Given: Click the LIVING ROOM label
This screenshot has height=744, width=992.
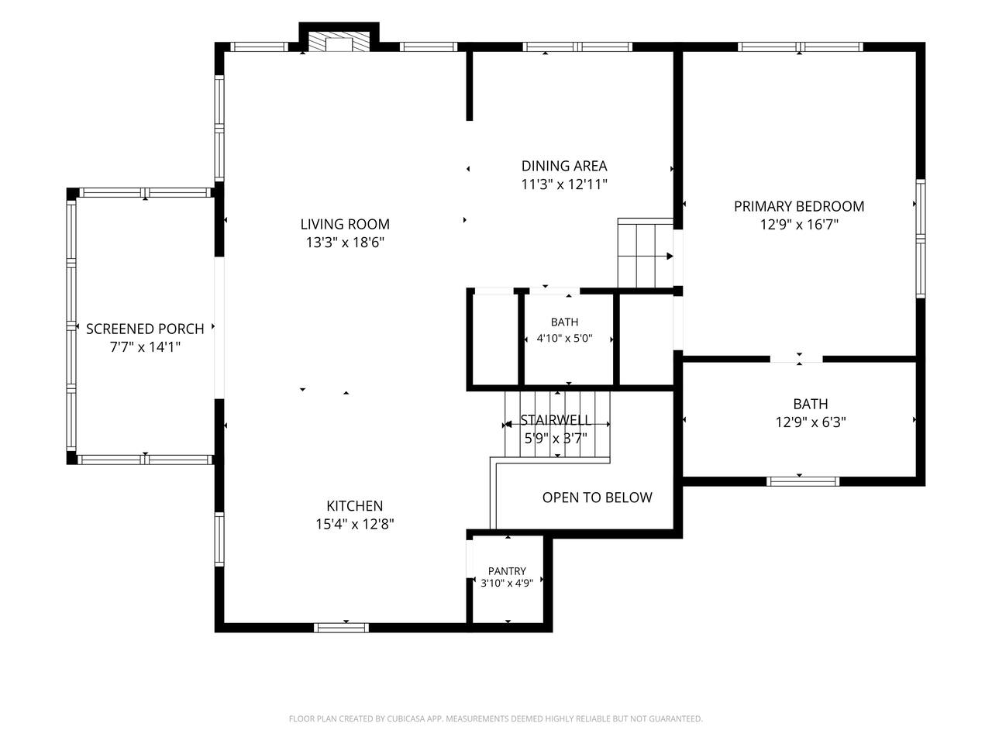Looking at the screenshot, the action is pyautogui.click(x=345, y=224).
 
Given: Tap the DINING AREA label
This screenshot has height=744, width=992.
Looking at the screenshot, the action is pyautogui.click(x=564, y=166).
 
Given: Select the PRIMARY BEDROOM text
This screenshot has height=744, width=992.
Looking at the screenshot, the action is pyautogui.click(x=798, y=206).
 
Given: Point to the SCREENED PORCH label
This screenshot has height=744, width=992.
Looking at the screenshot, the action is pyautogui.click(x=145, y=329).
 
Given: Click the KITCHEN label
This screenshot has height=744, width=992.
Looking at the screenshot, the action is pyautogui.click(x=354, y=505).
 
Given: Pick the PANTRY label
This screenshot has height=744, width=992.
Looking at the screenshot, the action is pyautogui.click(x=507, y=571).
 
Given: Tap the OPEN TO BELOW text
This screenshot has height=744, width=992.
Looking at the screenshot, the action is pyautogui.click(x=597, y=498).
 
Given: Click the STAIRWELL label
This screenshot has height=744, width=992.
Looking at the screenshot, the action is pyautogui.click(x=556, y=420).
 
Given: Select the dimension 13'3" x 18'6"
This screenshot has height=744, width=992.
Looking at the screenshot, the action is pyautogui.click(x=345, y=243).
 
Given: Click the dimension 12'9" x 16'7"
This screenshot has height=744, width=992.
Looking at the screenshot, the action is pyautogui.click(x=798, y=225).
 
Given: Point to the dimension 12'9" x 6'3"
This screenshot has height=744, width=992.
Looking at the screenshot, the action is pyautogui.click(x=811, y=422).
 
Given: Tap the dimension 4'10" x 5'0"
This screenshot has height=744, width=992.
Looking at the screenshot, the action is pyautogui.click(x=564, y=339).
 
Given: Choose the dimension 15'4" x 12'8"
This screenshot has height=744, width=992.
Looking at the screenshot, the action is pyautogui.click(x=354, y=524).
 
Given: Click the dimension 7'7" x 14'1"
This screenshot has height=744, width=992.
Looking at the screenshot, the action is pyautogui.click(x=145, y=347).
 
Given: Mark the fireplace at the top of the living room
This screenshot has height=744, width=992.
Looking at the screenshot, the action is pyautogui.click(x=339, y=41).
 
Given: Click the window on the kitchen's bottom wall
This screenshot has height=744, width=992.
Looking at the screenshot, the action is pyautogui.click(x=341, y=628).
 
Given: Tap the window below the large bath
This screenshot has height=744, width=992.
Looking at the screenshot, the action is pyautogui.click(x=803, y=481).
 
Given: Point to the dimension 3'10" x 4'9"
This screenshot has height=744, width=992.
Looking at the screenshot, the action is pyautogui.click(x=507, y=583).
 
